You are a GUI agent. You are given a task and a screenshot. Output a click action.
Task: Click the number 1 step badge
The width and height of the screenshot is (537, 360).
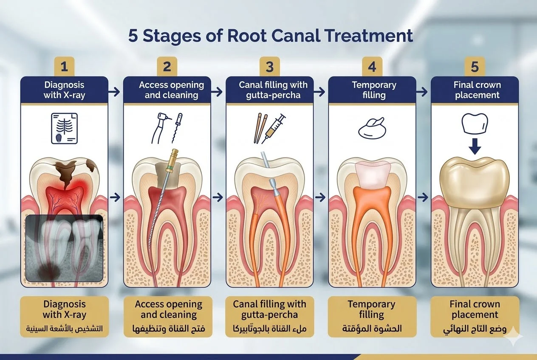64,66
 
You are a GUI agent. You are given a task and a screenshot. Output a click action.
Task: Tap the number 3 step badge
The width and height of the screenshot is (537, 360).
270,66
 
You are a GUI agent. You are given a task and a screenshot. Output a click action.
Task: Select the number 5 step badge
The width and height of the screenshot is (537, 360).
475,66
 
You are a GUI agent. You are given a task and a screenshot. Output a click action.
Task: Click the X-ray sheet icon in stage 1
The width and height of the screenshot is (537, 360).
64,127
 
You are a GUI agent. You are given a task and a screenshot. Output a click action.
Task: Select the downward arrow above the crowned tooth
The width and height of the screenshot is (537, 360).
475,147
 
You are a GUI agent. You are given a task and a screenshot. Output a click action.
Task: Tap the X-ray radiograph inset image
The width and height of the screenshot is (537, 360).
64,248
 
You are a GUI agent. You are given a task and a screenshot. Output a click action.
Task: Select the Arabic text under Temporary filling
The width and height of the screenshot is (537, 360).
372,328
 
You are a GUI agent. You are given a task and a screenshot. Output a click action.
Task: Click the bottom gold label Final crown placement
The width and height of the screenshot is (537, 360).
475,309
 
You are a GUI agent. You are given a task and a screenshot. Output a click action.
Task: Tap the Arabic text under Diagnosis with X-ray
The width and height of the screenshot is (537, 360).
64,328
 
